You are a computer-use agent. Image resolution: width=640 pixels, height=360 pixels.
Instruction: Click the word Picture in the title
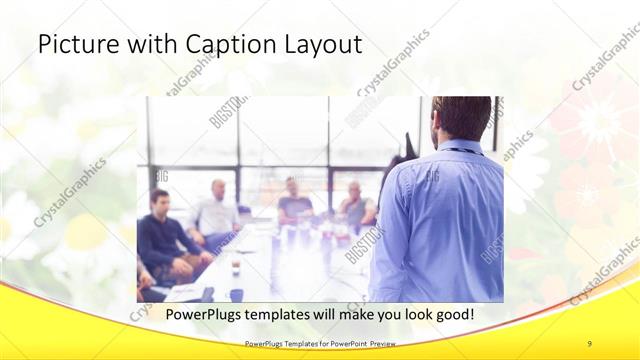74,45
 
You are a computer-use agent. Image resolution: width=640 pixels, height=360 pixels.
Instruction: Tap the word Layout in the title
320,45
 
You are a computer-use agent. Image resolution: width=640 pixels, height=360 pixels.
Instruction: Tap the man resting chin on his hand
356,205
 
